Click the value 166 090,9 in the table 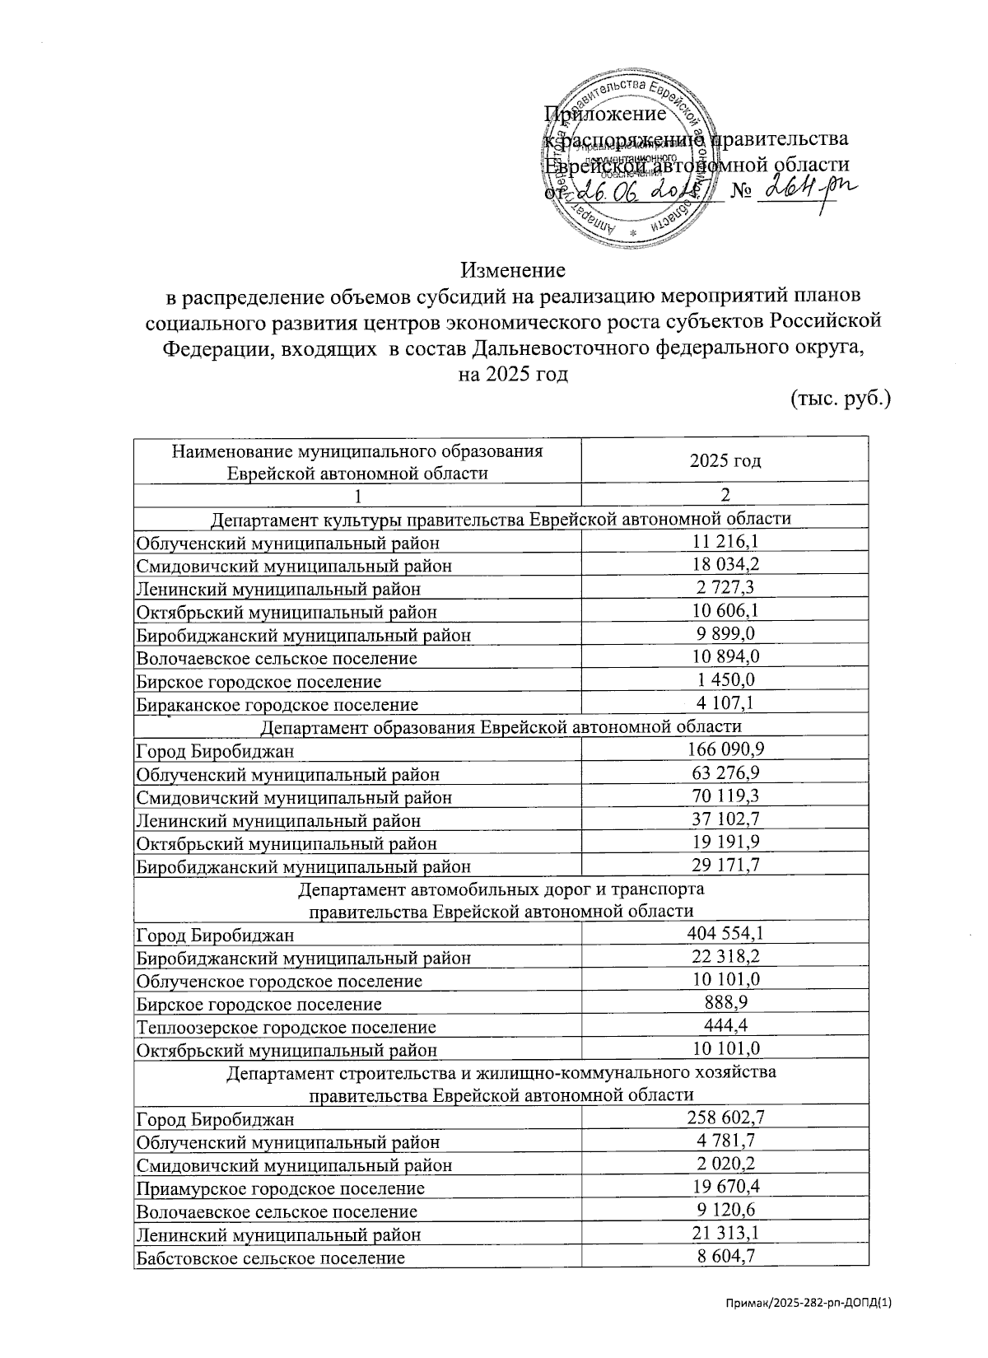(x=725, y=749)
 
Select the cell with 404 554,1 (x=725, y=933)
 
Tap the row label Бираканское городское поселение (x=277, y=704)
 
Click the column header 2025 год (x=725, y=460)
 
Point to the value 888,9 (x=725, y=1002)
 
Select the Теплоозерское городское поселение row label (x=286, y=1027)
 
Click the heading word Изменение (x=512, y=270)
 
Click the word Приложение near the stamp (x=605, y=114)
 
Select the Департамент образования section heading (x=501, y=726)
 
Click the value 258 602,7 (x=725, y=1118)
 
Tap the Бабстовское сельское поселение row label (x=270, y=1258)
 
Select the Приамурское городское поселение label (x=281, y=1188)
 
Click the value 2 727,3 (x=725, y=587)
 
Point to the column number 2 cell (x=725, y=495)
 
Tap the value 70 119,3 (x=725, y=795)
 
